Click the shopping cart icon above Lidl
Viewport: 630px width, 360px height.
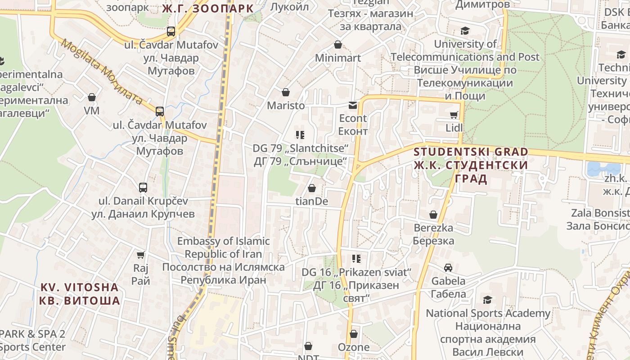pos(454,115)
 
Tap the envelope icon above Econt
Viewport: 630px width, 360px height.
pos(353,105)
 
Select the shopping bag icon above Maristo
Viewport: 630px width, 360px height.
pos(285,92)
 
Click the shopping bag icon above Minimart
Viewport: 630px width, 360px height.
pos(338,45)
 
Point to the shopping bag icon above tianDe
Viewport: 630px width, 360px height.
pos(311,188)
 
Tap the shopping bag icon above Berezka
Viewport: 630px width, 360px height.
pos(433,215)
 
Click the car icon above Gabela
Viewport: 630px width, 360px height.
pos(448,268)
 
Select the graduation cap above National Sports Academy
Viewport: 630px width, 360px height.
pos(487,300)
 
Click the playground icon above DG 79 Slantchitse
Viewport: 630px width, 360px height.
pos(300,135)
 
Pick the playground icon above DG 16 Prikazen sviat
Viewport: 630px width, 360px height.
pos(356,259)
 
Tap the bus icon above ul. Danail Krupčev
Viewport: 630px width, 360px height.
pos(143,188)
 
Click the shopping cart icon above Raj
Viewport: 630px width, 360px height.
pos(141,255)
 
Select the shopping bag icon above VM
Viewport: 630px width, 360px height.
pos(92,97)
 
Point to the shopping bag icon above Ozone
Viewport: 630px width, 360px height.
pos(354,334)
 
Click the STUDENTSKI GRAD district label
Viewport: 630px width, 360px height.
pos(471,152)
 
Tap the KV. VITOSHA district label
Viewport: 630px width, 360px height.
pos(80,288)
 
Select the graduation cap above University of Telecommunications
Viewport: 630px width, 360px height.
pos(465,31)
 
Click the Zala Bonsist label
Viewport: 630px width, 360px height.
pos(600,213)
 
